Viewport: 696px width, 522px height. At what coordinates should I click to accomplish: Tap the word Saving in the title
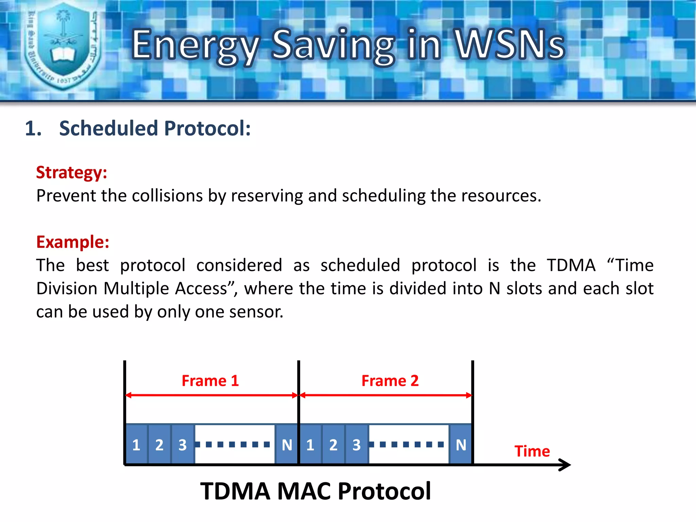333,46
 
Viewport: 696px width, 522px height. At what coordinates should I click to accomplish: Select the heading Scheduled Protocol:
155,128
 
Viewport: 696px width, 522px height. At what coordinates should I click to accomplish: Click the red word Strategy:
72,172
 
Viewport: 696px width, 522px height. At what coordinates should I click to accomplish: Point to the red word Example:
73,242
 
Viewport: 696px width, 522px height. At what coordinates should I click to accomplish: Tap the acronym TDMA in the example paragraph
571,265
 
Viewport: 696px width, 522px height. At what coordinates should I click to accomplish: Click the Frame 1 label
210,381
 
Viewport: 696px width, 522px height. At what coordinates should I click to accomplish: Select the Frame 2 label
390,381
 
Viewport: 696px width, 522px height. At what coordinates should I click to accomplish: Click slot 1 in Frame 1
136,445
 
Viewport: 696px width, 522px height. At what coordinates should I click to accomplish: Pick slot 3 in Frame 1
183,445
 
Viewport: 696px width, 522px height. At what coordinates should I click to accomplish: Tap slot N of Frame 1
287,445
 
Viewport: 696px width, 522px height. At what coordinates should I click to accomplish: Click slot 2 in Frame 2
333,445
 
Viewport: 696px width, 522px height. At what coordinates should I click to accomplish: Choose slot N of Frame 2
461,445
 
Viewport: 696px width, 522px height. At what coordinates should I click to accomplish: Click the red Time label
532,451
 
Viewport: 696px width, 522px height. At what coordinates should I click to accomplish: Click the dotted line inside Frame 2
408,444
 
